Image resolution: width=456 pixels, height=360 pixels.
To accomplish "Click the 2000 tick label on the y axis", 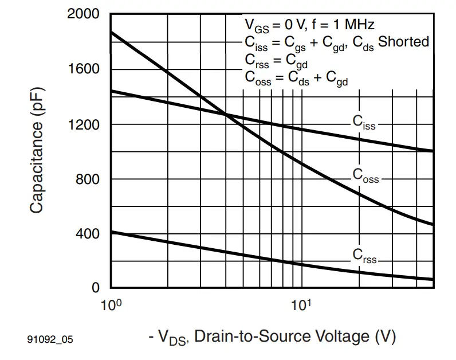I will coord(83,14).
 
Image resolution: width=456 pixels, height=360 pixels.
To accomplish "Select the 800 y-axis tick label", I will coord(87,179).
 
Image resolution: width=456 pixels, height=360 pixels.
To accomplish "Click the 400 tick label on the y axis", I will coord(87,234).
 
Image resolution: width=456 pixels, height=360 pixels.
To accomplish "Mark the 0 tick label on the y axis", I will coord(96,288).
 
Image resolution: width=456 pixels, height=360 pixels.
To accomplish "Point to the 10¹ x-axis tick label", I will coord(301,304).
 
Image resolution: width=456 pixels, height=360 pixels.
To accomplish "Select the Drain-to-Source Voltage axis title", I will coord(273,336).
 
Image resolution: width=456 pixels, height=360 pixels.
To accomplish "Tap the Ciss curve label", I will coord(363,122).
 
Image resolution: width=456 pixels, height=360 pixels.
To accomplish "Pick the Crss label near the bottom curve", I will coord(365,256).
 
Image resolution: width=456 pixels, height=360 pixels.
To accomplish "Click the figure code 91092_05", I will coord(50,340).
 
